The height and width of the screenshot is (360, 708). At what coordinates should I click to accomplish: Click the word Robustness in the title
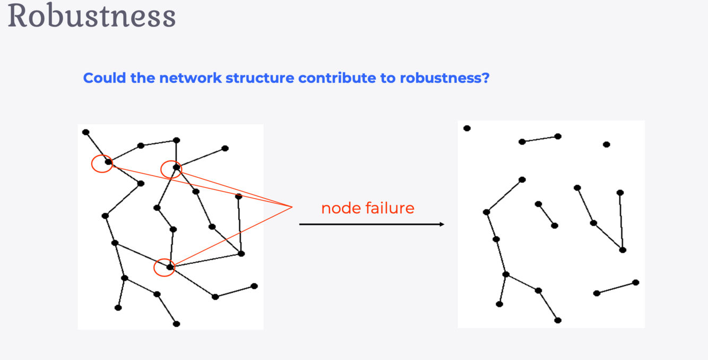[x=91, y=16]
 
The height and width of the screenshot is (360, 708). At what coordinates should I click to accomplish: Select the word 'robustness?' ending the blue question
[x=444, y=78]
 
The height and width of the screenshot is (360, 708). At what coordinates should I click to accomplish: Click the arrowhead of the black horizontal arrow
[x=442, y=224]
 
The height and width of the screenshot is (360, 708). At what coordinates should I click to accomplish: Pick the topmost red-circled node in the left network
[x=176, y=167]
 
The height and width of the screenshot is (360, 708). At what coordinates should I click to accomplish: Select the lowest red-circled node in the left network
[x=170, y=267]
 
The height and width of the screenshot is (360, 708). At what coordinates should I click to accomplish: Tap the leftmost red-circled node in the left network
[x=108, y=162]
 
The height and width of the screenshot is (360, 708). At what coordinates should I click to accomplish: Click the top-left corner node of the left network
[x=86, y=132]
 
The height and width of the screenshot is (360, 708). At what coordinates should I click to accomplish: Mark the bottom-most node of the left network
[x=177, y=324]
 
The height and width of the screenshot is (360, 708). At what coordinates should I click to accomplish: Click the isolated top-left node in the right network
[x=467, y=128]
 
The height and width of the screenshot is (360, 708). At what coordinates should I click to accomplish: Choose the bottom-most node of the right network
[x=558, y=320]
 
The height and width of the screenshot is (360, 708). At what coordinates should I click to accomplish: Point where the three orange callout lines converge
[x=292, y=207]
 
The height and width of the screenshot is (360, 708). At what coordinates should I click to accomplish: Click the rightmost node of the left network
[x=254, y=286]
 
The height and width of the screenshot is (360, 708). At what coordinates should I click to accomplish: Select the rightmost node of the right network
[x=636, y=282]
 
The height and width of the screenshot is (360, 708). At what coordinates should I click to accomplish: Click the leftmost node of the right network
[x=467, y=128]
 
